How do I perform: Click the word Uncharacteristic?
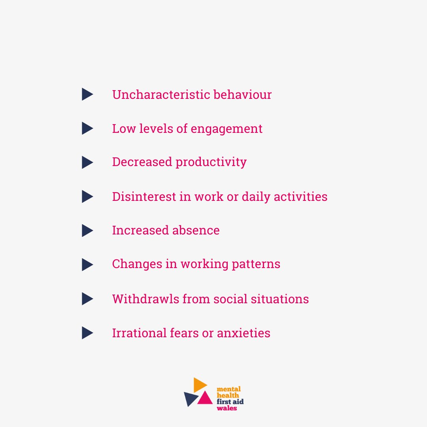point(161,95)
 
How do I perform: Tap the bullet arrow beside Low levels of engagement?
point(87,128)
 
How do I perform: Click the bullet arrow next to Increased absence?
point(87,231)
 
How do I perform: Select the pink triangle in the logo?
point(204,398)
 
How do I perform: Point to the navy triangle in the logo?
point(191,399)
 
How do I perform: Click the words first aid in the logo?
point(230,402)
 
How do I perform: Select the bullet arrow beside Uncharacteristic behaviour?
point(87,94)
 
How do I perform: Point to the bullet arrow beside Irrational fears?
point(87,333)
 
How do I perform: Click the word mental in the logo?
point(229,389)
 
